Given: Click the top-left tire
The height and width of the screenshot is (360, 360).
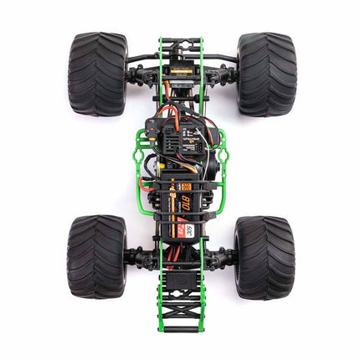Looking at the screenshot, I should pyautogui.click(x=97, y=74).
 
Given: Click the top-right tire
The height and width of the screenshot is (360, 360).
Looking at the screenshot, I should pyautogui.click(x=265, y=74).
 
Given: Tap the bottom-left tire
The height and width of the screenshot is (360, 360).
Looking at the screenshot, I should pyautogui.click(x=97, y=257).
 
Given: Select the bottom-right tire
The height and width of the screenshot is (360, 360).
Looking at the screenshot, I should pyautogui.click(x=264, y=257).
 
